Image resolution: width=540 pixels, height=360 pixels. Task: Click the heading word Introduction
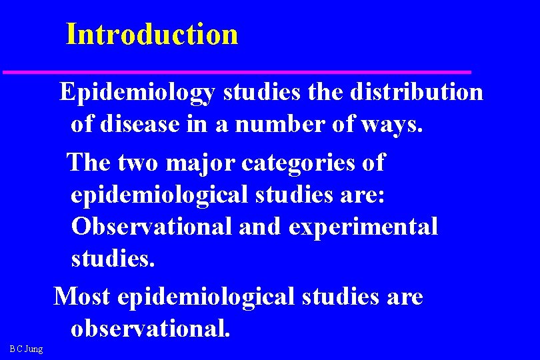(x=152, y=34)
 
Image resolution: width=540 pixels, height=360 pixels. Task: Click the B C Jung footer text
(x=26, y=348)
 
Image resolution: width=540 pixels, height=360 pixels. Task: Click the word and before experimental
(x=260, y=226)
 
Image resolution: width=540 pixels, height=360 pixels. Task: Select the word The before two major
(x=91, y=162)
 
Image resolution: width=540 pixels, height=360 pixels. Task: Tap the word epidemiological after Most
(x=205, y=297)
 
